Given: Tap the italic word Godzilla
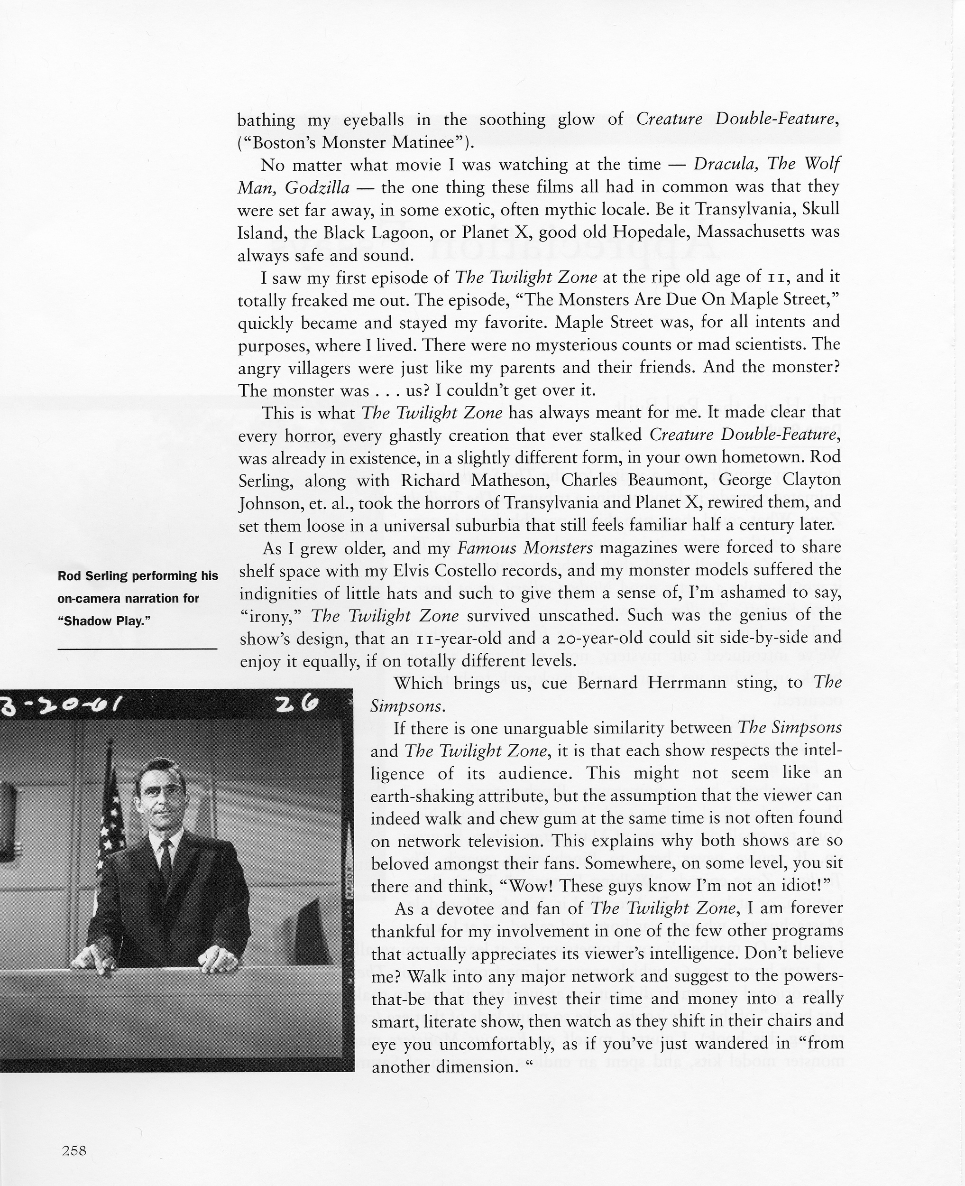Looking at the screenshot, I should click(x=317, y=188).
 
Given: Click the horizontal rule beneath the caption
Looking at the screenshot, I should click(x=138, y=649).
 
